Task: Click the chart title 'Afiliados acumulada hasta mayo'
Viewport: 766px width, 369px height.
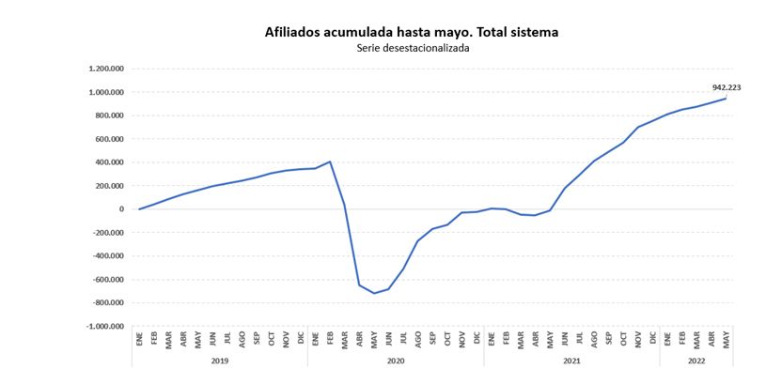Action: pos(412,32)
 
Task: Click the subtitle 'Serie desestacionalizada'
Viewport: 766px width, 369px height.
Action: pos(413,49)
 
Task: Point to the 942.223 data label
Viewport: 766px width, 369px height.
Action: pos(727,87)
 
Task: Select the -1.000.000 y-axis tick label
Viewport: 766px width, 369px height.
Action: pos(104,327)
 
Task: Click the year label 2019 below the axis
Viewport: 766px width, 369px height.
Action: pos(220,361)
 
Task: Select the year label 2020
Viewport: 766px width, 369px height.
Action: pos(396,361)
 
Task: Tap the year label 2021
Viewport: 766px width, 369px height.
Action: pos(571,361)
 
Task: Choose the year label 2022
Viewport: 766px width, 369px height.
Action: pos(696,361)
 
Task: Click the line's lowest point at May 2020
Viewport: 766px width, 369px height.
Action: pos(374,293)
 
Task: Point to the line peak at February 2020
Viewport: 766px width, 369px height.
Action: pos(330,161)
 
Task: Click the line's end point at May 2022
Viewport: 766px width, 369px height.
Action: pos(726,99)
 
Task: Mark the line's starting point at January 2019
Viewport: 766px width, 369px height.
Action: pos(139,209)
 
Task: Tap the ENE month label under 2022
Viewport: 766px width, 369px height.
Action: pos(667,340)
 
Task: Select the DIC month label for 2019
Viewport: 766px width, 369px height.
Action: pos(301,340)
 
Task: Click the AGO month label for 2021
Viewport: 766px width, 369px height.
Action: pos(594,340)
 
